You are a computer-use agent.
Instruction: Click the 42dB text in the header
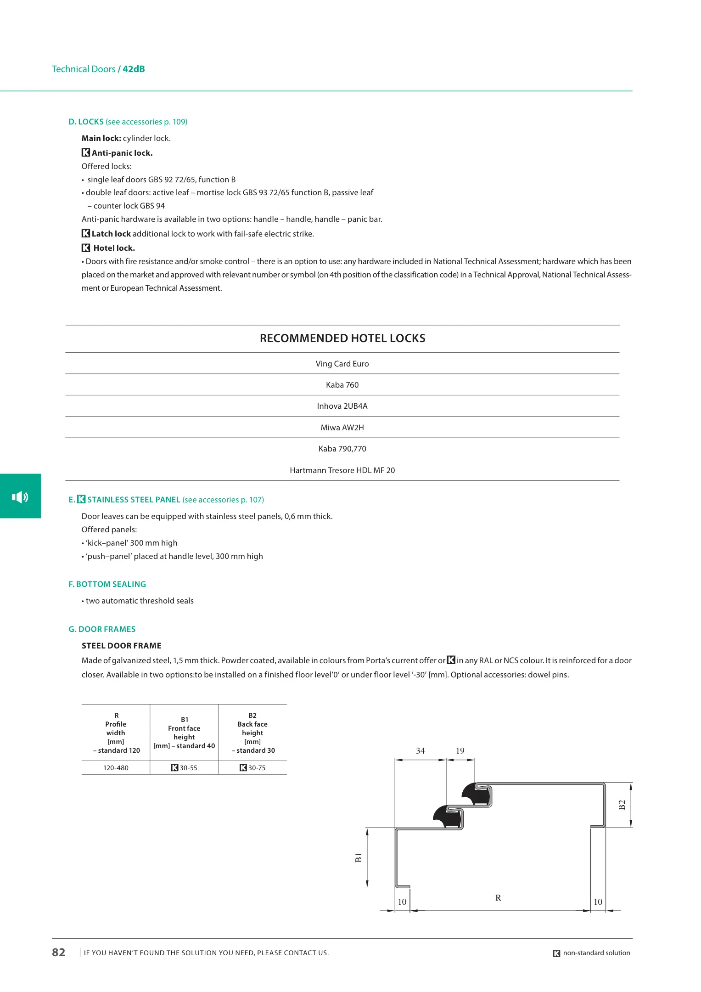point(134,69)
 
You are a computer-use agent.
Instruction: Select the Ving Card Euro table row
point(342,364)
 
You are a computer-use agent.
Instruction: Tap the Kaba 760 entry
point(342,385)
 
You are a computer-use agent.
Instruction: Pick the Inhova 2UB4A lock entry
point(342,406)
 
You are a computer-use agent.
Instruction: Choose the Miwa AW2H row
point(342,428)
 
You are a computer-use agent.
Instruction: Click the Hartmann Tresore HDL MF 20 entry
point(342,470)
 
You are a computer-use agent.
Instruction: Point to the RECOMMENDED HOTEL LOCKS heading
point(342,338)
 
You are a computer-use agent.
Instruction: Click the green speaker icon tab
point(20,496)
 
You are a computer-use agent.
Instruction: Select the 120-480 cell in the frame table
point(116,768)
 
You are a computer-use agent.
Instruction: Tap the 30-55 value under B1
point(188,768)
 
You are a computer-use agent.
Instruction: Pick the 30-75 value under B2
point(257,768)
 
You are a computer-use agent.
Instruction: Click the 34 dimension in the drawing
point(420,751)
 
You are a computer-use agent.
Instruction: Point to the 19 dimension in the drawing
point(460,751)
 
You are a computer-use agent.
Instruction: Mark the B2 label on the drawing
point(622,805)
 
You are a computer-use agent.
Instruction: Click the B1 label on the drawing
point(359,857)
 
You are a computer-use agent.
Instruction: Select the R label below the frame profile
point(498,898)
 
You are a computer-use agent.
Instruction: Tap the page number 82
point(59,953)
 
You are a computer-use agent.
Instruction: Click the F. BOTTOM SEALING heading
point(107,584)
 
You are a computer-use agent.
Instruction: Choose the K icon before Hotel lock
point(86,248)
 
